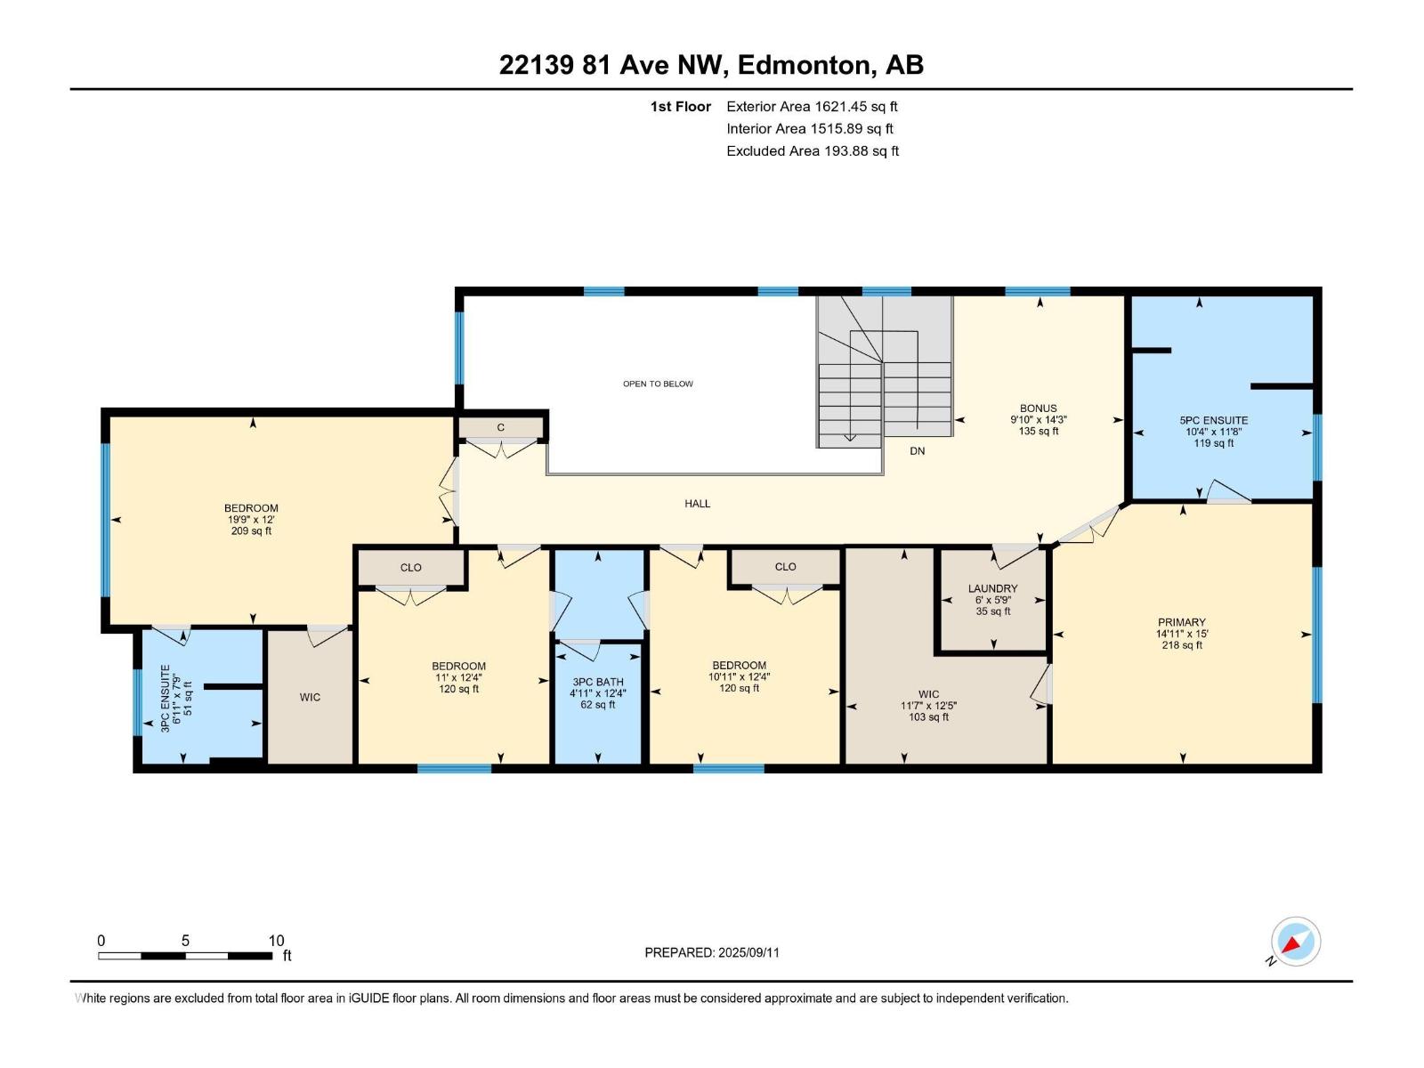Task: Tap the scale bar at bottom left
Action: pos(185,955)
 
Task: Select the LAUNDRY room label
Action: pos(992,588)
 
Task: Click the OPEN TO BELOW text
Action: pos(658,384)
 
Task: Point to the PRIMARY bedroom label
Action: pos(1181,622)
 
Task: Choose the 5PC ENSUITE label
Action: pos(1213,420)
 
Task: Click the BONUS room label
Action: pos(1038,409)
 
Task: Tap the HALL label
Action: pos(697,504)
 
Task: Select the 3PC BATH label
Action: pos(597,682)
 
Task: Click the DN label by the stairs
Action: pos(917,451)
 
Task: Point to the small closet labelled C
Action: pos(501,428)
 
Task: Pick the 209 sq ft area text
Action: pos(251,531)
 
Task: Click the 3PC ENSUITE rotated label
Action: pos(166,699)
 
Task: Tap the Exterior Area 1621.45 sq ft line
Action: pos(811,106)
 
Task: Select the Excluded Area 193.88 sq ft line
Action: pos(812,150)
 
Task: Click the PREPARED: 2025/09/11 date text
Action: pos(711,952)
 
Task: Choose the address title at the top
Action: pos(711,65)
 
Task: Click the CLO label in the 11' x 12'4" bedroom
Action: pos(410,567)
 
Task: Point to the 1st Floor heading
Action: pos(680,106)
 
